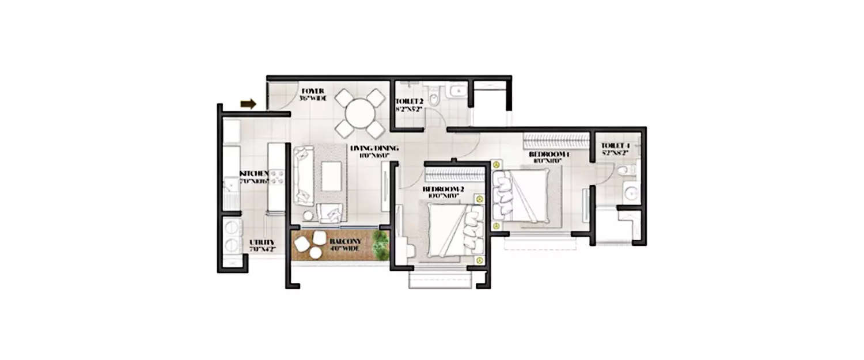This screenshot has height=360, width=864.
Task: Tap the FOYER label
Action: pos(312,94)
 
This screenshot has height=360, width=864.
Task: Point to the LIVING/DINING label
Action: pos(374,151)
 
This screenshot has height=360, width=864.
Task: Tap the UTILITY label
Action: pos(262,245)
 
